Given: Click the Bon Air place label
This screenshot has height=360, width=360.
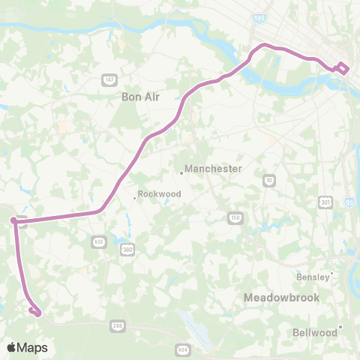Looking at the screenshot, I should click(x=137, y=97).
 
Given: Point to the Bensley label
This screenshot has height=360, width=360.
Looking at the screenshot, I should click(x=312, y=276).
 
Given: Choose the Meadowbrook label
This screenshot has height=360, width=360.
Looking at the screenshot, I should click(x=281, y=298).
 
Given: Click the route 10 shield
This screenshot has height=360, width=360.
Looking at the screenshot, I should click(x=269, y=180).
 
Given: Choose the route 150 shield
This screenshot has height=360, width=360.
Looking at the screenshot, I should click(x=235, y=217).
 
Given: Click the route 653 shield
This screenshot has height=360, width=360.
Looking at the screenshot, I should click(x=100, y=241).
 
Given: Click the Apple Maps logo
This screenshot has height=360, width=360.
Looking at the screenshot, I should click(x=27, y=347).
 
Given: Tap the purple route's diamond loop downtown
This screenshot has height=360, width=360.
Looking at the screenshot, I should click(x=342, y=67).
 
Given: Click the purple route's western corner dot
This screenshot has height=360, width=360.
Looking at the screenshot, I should click(x=13, y=220).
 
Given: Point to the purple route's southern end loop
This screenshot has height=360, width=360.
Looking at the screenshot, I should click(x=34, y=310).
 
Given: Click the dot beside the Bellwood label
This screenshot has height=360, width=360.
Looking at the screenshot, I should click(x=340, y=326).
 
